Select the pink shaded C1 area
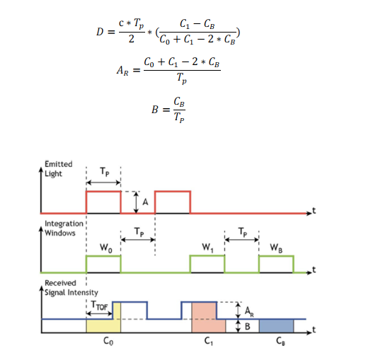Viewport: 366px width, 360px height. tap(208, 318)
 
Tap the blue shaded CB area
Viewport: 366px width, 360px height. tap(276, 326)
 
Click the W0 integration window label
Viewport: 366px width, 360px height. tap(106, 248)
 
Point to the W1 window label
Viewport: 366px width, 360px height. tap(207, 248)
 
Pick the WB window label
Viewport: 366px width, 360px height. tap(276, 248)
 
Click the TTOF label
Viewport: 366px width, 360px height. tap(99, 306)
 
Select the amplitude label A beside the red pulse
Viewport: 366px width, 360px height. tap(145, 202)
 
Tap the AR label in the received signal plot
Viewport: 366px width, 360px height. tap(249, 311)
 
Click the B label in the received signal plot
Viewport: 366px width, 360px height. tap(247, 327)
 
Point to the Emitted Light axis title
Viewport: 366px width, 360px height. tap(59, 169)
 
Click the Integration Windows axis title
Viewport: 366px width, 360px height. tap(64, 228)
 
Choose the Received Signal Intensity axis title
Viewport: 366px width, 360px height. tap(72, 288)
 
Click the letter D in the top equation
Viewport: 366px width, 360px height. tap(100, 32)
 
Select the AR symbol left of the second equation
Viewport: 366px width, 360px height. tap(122, 71)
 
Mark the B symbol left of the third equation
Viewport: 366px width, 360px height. tap(155, 110)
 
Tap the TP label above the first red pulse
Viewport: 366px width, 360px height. tap(105, 172)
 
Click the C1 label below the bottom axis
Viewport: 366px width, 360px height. tap(208, 341)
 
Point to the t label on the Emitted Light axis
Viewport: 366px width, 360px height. tap(314, 210)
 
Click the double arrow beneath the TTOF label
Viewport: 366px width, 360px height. tap(99, 313)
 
